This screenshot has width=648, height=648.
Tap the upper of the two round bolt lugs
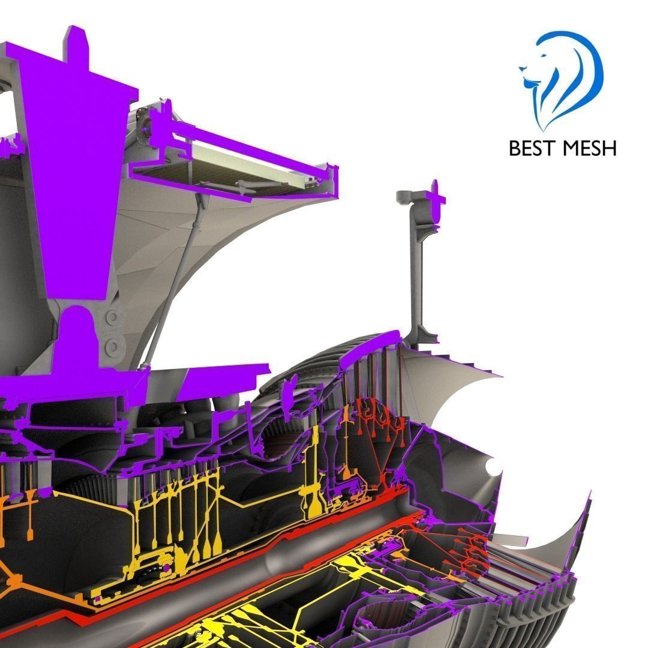[112, 317]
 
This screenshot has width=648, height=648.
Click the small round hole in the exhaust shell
[493, 467]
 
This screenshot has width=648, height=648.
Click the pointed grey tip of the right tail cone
[590, 492]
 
